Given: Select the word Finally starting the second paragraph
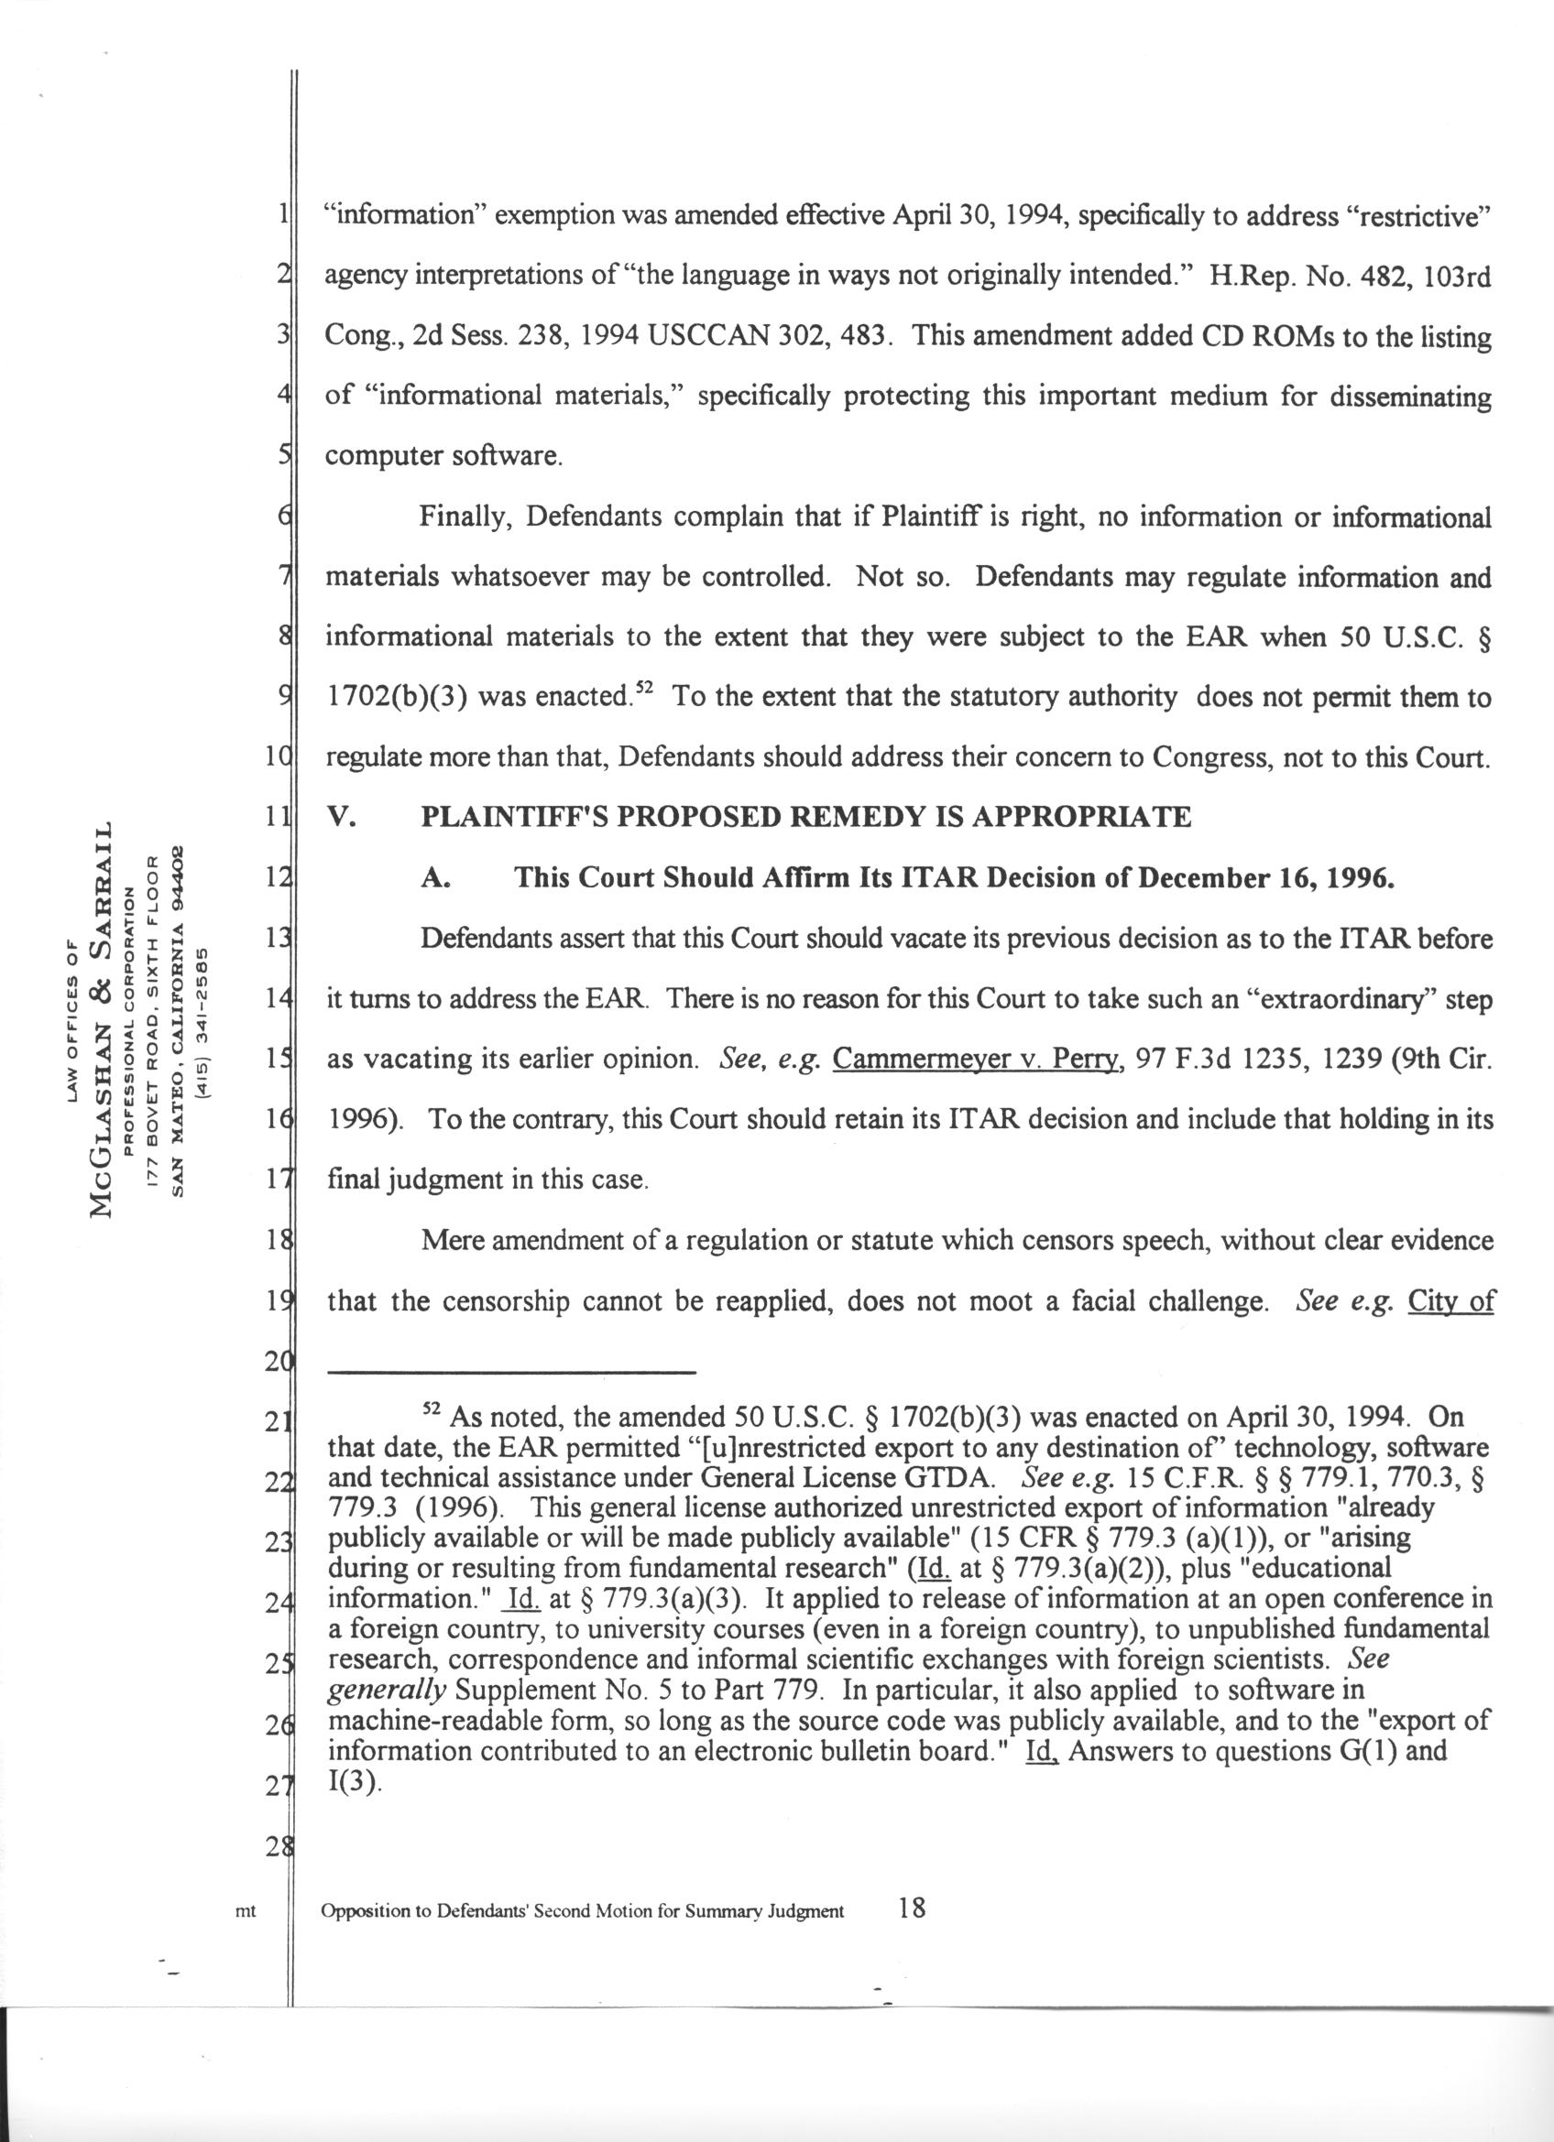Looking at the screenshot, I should pos(464,517).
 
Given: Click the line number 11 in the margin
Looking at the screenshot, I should pos(276,818).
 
